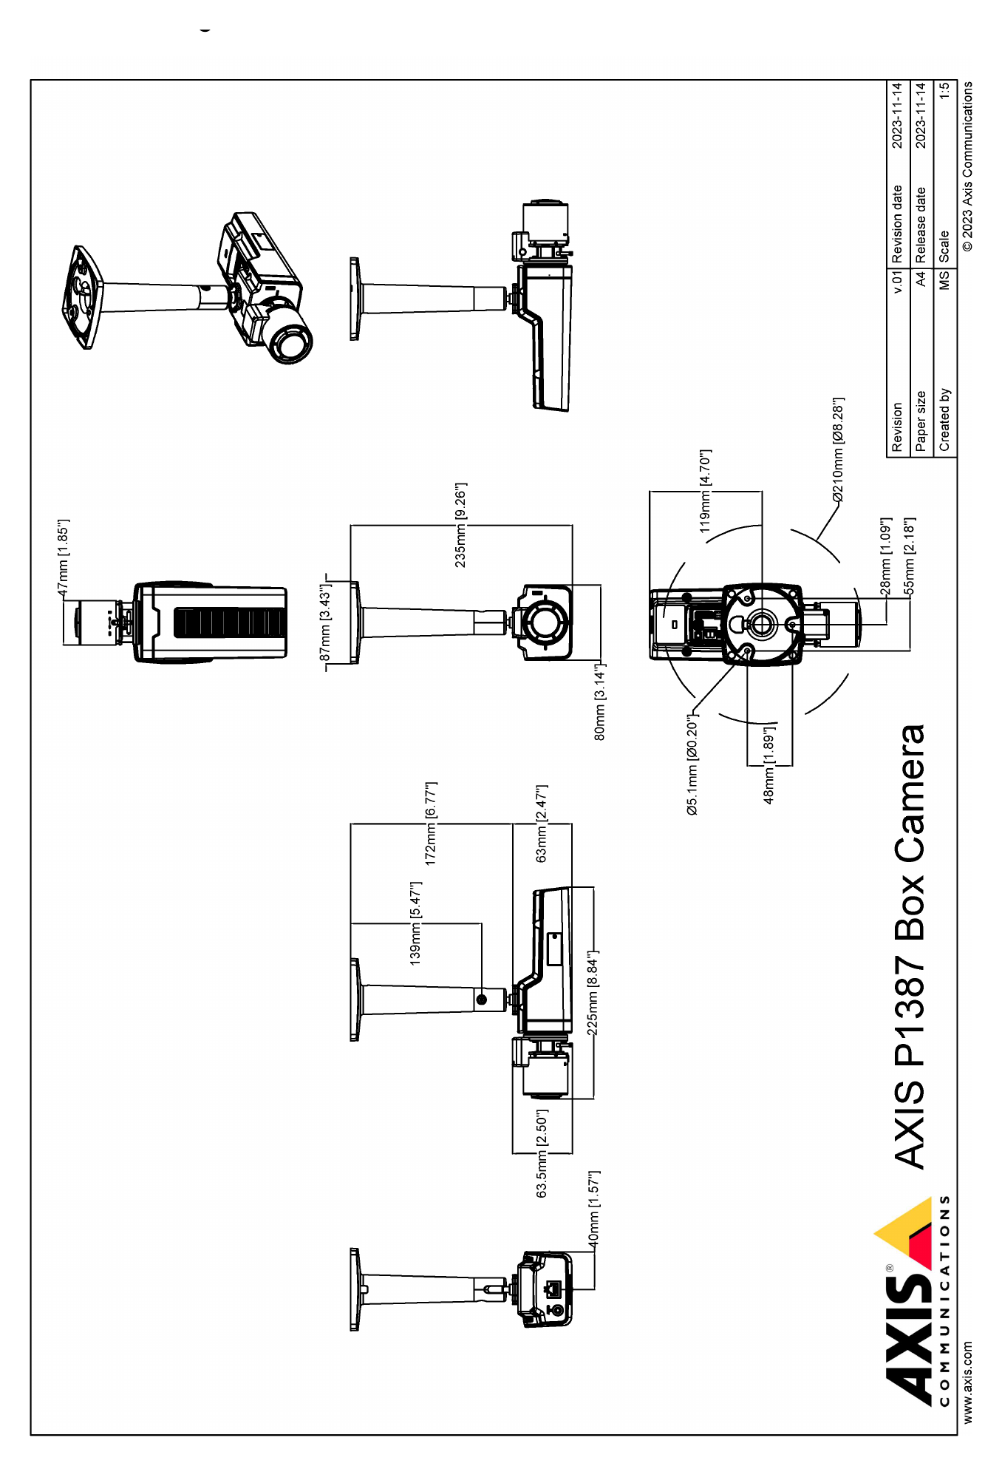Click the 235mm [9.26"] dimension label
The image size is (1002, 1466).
pyautogui.click(x=460, y=526)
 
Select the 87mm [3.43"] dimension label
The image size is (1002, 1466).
pyautogui.click(x=325, y=622)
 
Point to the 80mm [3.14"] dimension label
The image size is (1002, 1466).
pyautogui.click(x=600, y=702)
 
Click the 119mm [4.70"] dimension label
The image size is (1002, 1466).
pyautogui.click(x=705, y=491)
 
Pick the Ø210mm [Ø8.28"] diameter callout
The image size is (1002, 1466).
pyautogui.click(x=838, y=450)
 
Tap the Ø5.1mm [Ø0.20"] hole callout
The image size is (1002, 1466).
pyautogui.click(x=692, y=764)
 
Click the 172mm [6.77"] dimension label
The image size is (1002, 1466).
pyautogui.click(x=431, y=824)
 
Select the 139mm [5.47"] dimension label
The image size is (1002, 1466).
pyautogui.click(x=415, y=923)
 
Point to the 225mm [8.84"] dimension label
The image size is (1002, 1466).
pyautogui.click(x=593, y=994)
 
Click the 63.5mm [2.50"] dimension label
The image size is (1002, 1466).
pyautogui.click(x=542, y=1153)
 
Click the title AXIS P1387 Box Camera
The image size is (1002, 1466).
pyautogui.click(x=910, y=947)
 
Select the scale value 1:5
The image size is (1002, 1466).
pyautogui.click(x=944, y=91)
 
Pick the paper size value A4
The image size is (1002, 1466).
pyautogui.click(x=920, y=279)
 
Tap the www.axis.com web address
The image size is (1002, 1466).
pyautogui.click(x=967, y=1382)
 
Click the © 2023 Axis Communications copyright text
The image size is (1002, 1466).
pyautogui.click(x=967, y=166)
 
